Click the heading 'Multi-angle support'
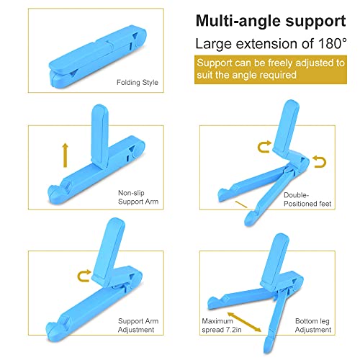click(271, 21)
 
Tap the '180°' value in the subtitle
click(333, 43)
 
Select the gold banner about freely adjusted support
click(271, 70)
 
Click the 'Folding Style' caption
click(138, 83)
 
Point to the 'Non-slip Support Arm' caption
click(138, 197)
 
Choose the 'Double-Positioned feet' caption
click(307, 199)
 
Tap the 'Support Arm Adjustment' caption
click(138, 325)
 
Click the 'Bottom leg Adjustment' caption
click(313, 325)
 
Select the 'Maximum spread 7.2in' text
click(222, 325)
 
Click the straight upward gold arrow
click(65, 156)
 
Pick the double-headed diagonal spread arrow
click(244, 322)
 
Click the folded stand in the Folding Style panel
click(97, 57)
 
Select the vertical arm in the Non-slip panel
click(99, 136)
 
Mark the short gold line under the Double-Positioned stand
click(241, 204)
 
